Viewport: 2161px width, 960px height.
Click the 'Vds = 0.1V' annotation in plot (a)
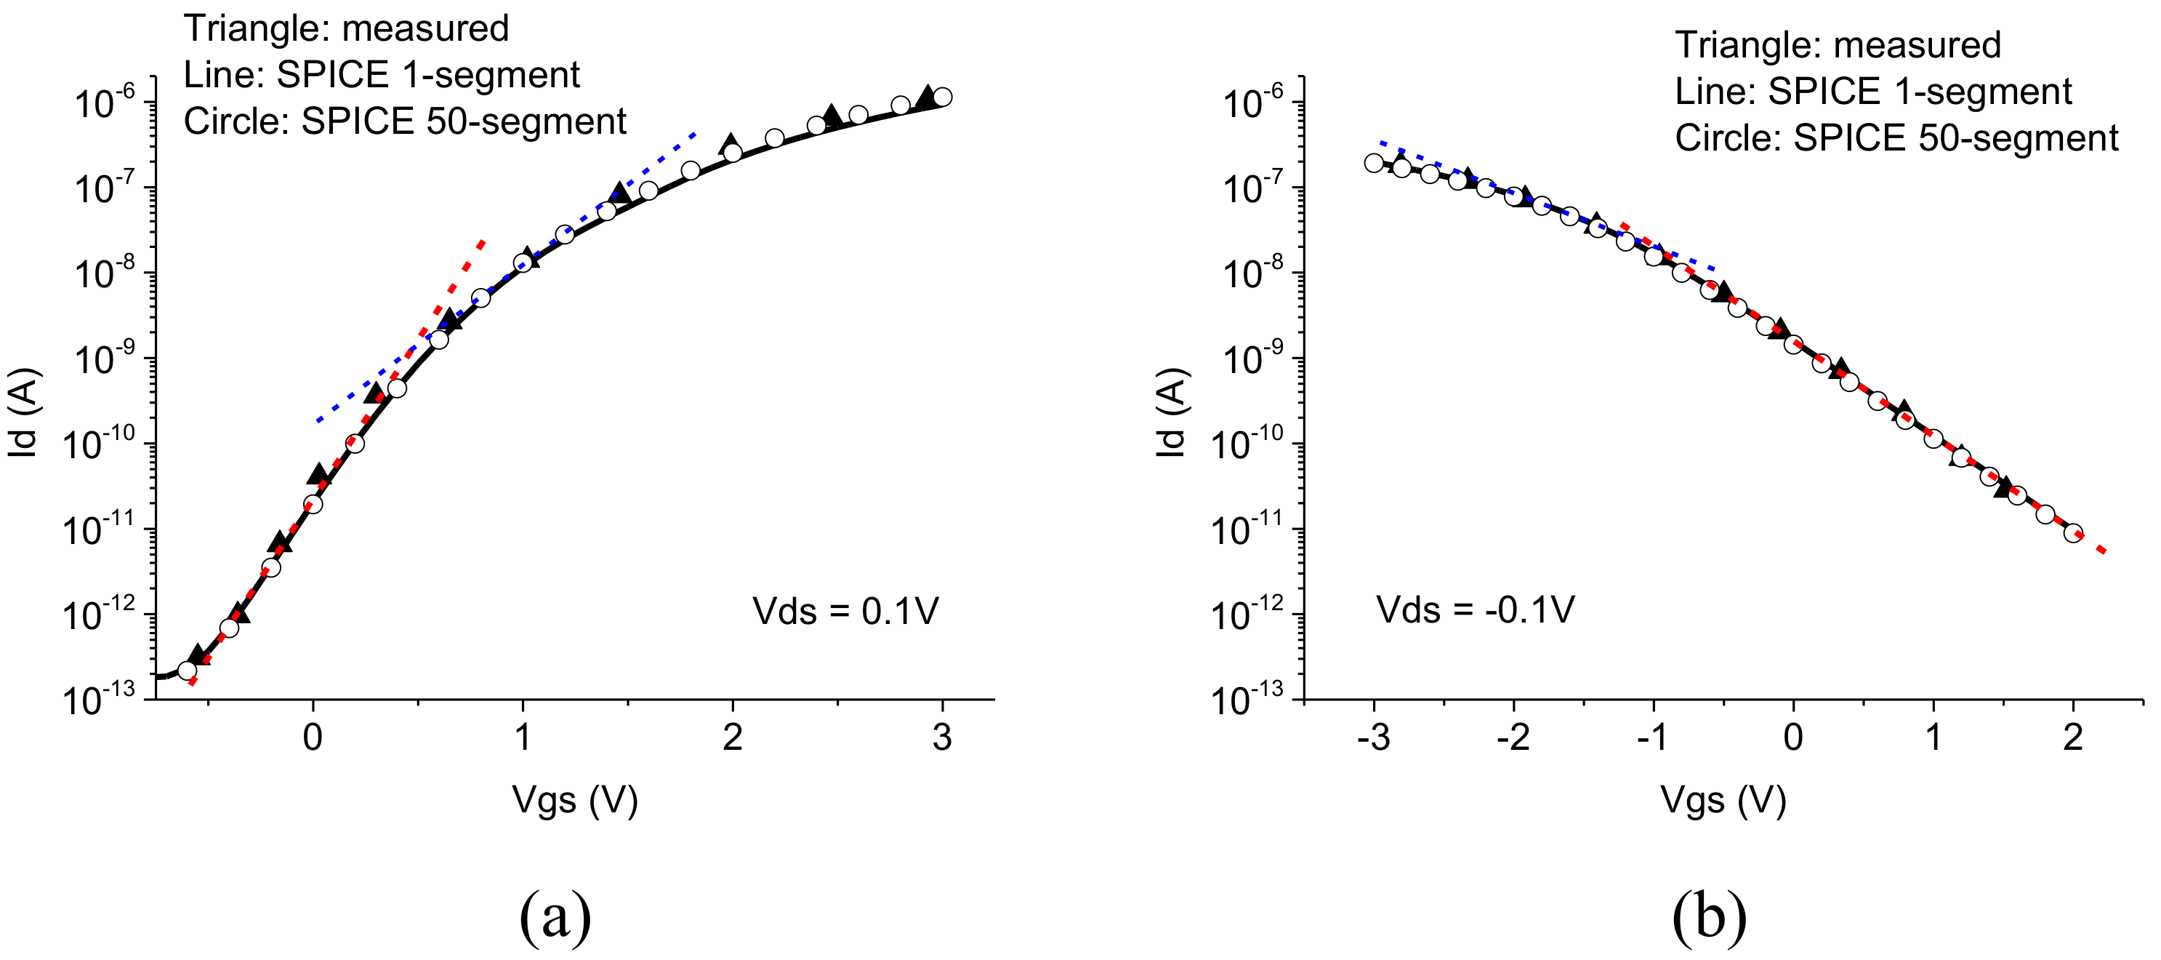pyautogui.click(x=845, y=611)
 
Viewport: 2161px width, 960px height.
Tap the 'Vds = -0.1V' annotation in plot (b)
pyautogui.click(x=1476, y=609)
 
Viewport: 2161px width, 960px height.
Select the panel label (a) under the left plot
pyautogui.click(x=555, y=916)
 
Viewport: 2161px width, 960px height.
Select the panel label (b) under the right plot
pyautogui.click(x=1709, y=916)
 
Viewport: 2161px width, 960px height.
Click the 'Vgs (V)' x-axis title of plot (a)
pyautogui.click(x=576, y=801)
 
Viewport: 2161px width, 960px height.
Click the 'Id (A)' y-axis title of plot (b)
pyautogui.click(x=1171, y=413)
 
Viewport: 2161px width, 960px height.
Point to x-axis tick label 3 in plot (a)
pyautogui.click(x=942, y=737)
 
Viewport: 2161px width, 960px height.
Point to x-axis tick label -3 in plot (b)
pyautogui.click(x=1373, y=737)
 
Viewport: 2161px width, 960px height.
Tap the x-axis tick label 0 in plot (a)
pyautogui.click(x=313, y=737)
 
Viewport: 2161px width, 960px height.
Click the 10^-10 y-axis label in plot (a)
pyautogui.click(x=98, y=443)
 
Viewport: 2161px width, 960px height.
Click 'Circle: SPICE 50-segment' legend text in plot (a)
pyautogui.click(x=404, y=121)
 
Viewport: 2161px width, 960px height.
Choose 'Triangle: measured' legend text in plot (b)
pyautogui.click(x=1838, y=45)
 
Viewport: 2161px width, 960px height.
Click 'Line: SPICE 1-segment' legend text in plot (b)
pyautogui.click(x=1872, y=92)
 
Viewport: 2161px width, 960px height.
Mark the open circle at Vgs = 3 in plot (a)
pyautogui.click(x=942, y=97)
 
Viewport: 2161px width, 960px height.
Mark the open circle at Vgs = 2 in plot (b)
pyautogui.click(x=2073, y=533)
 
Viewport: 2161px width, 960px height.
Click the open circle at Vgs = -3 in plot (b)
pyautogui.click(x=1373, y=163)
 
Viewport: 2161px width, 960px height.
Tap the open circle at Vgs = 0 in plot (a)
pyautogui.click(x=313, y=504)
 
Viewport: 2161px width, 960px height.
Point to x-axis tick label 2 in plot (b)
pyautogui.click(x=2073, y=737)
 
